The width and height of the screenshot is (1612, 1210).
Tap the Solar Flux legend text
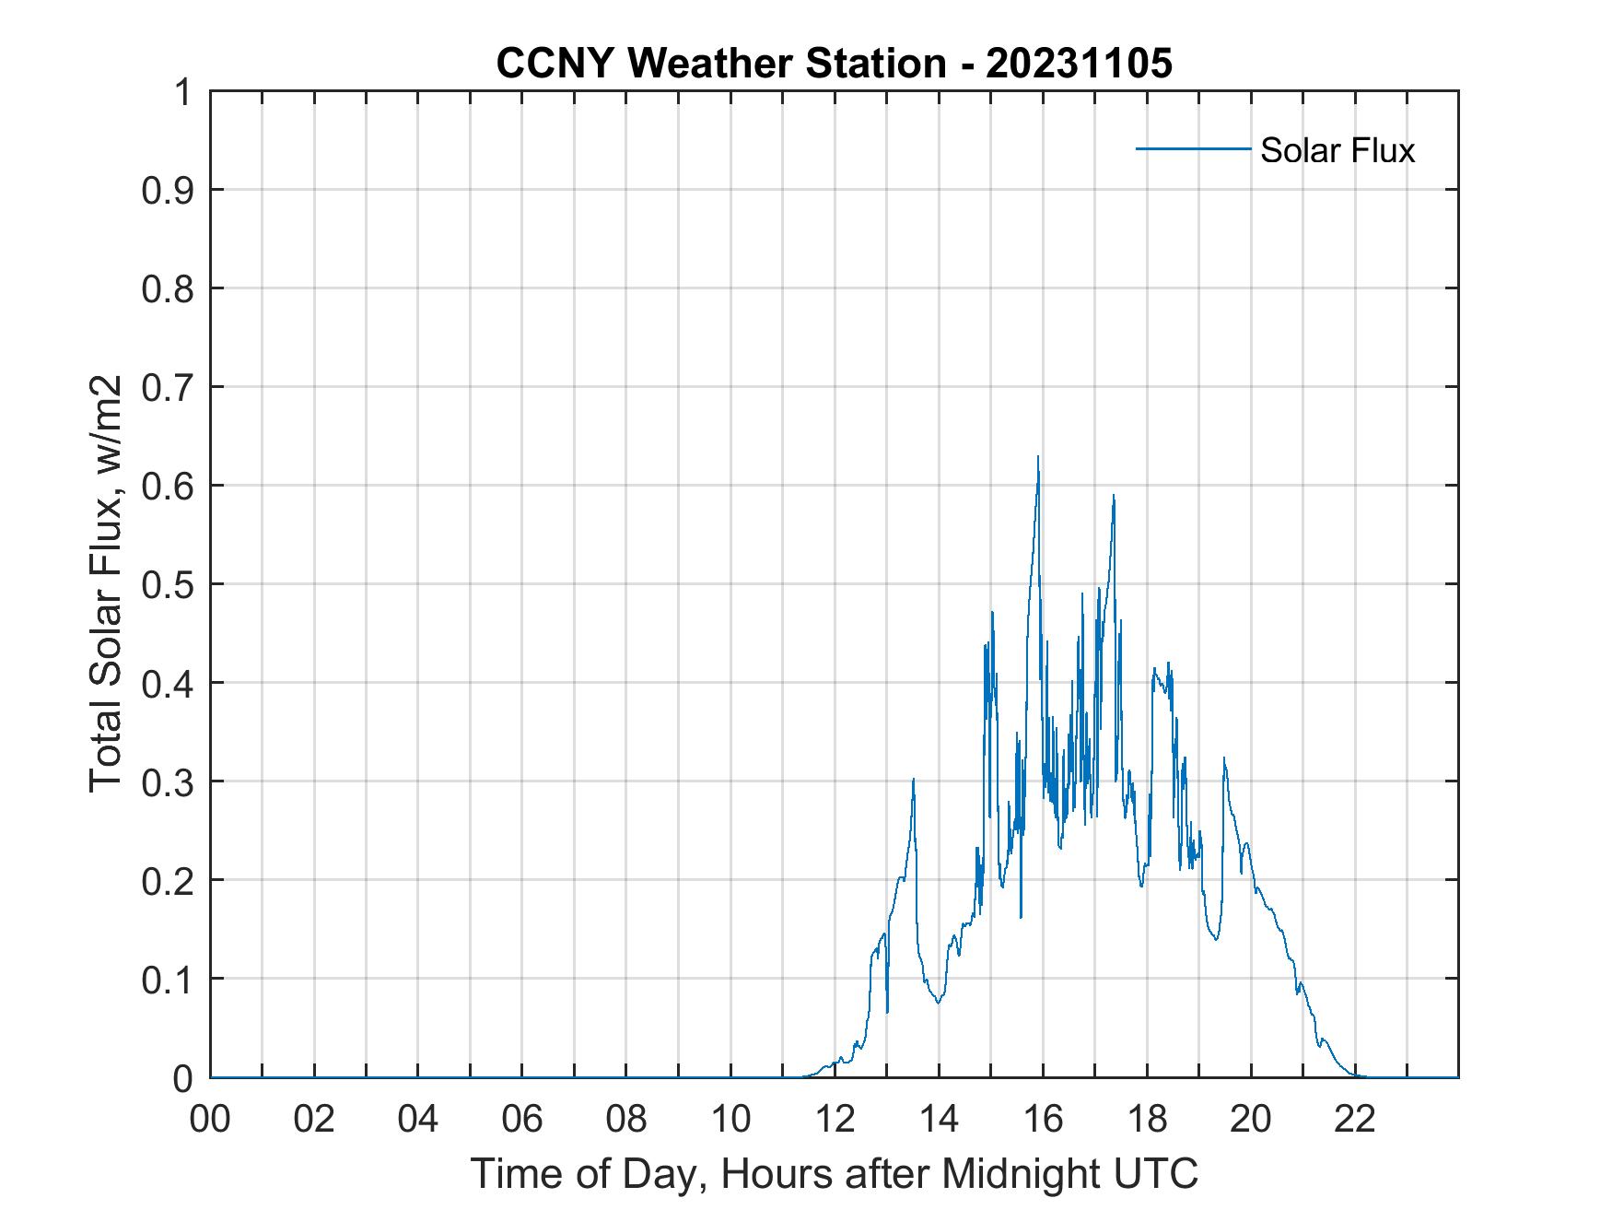1337,150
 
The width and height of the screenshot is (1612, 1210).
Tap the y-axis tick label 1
184,92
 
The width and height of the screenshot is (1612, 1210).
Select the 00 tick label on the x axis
210,1119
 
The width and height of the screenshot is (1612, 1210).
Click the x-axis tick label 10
730,1119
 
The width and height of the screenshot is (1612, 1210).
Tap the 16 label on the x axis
1043,1119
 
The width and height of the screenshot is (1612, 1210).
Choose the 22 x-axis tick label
1355,1119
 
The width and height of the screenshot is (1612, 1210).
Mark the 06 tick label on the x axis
522,1119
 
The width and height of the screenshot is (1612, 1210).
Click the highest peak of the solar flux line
1038,457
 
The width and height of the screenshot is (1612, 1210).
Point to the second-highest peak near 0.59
1114,496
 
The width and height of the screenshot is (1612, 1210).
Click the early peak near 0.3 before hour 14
913,780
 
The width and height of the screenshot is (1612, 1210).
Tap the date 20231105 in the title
1079,64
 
